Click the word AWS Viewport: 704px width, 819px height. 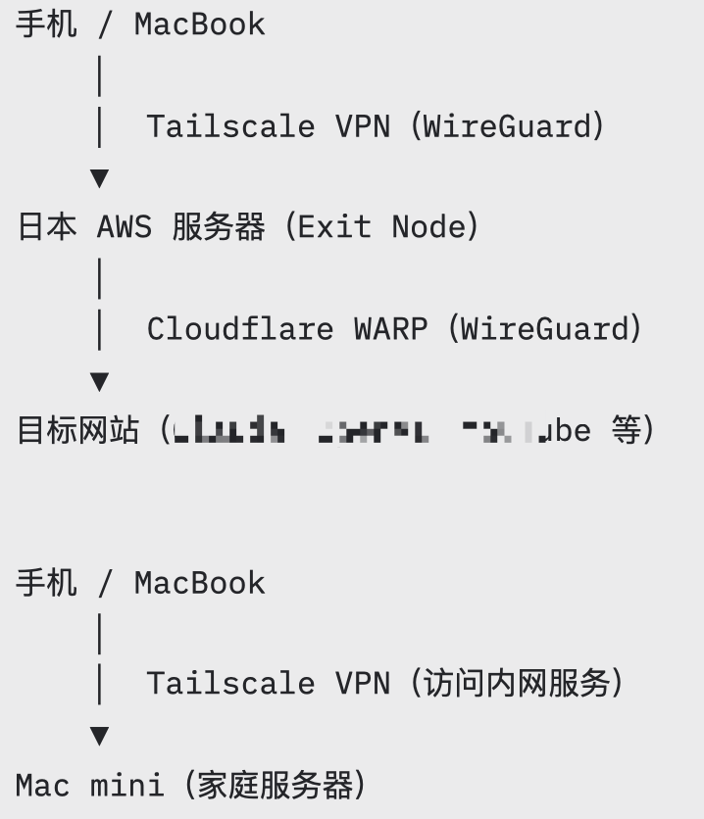tap(125, 227)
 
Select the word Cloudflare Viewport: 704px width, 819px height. tap(240, 328)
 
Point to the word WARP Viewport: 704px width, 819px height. tap(390, 328)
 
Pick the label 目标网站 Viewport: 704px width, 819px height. tap(77, 430)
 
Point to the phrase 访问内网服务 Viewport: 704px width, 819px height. tap(515, 683)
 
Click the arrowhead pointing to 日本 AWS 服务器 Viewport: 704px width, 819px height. tap(99, 178)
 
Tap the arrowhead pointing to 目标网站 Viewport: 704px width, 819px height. tap(99, 381)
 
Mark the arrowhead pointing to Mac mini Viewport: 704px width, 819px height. tap(99, 736)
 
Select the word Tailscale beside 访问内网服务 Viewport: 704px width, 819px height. tap(230, 683)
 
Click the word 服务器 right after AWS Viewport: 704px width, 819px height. tap(219, 227)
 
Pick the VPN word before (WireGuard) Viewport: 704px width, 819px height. tap(363, 126)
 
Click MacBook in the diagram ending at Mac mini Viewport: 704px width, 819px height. tap(199, 583)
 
